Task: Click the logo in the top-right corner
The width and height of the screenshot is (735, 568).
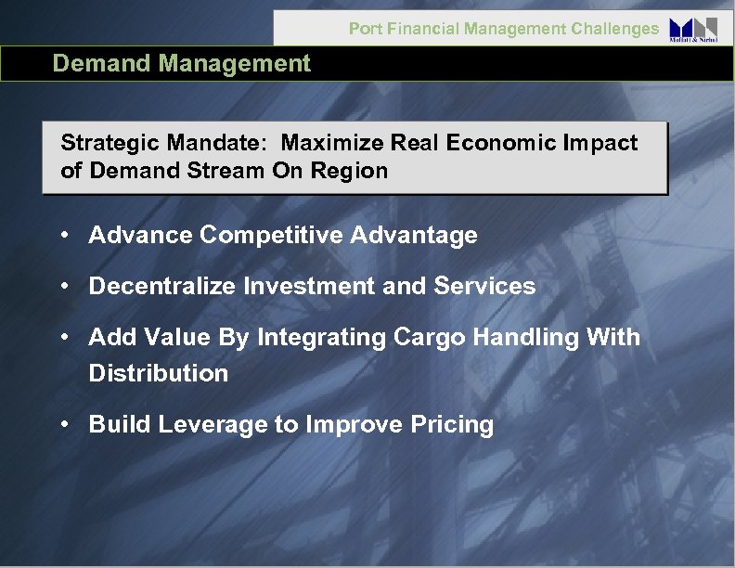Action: [x=693, y=28]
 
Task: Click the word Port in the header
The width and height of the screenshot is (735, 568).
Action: [x=364, y=29]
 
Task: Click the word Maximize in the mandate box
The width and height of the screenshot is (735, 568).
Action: [x=323, y=143]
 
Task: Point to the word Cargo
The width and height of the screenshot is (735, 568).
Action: [x=425, y=338]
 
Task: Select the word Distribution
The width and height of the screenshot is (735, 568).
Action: [x=158, y=373]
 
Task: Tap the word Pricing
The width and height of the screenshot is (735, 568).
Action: [x=455, y=425]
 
